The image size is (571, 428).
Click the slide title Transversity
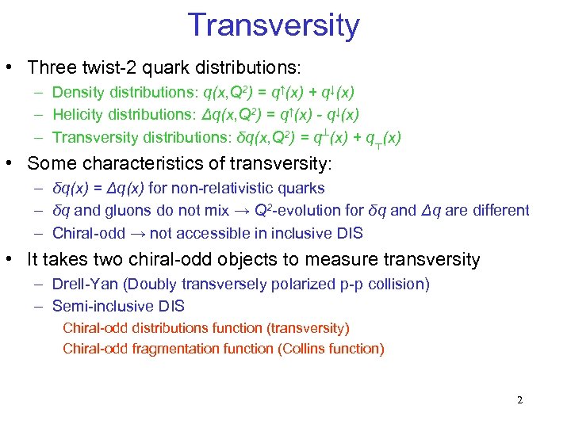[x=274, y=25]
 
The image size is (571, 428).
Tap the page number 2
[x=519, y=399]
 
